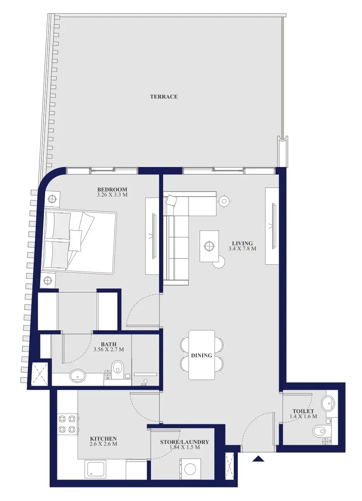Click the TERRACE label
click(x=164, y=96)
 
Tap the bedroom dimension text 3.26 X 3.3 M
click(x=112, y=194)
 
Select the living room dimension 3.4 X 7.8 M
click(x=242, y=248)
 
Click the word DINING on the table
click(x=202, y=355)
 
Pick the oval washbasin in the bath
click(x=77, y=375)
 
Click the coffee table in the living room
click(x=209, y=246)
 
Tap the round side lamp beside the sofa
click(x=224, y=201)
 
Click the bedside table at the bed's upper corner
click(x=52, y=199)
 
